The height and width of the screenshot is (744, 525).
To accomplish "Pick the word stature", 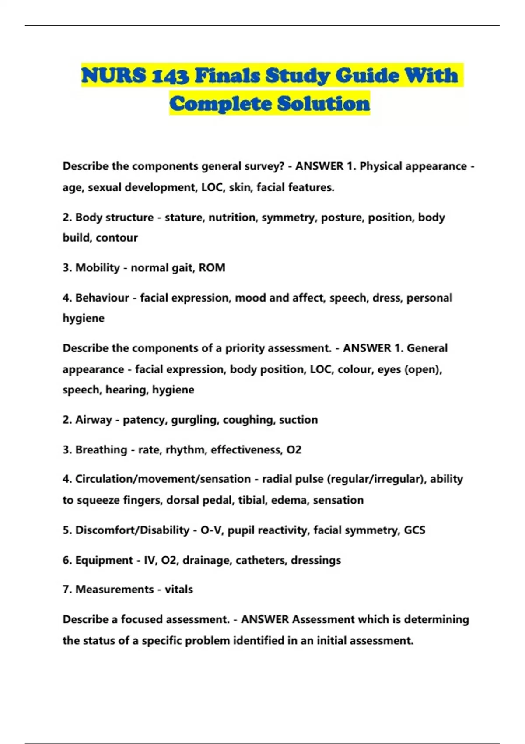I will pos(184,218).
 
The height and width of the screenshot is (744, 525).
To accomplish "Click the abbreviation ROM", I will pos(212,268).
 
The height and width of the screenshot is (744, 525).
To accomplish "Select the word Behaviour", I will pos(102,298).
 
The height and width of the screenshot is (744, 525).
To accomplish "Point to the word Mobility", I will pos(97,268).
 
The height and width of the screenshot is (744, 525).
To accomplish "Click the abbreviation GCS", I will pos(414,530).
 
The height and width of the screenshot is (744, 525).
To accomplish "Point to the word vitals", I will pos(178,590).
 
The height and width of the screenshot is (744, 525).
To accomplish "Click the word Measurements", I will pos(114,590).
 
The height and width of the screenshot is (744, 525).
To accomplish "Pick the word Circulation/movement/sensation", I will pos(163,479).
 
